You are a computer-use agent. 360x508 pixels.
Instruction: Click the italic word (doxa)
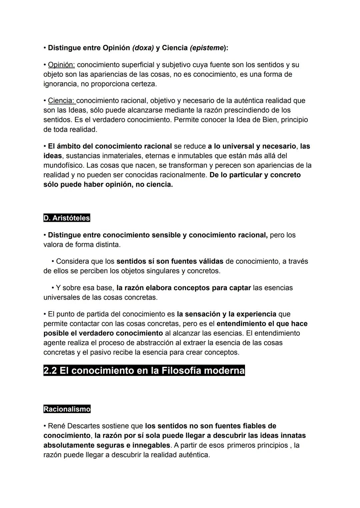coord(143,48)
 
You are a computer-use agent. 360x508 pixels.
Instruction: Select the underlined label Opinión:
coord(61,65)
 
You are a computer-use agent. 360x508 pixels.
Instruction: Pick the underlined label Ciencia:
coord(62,101)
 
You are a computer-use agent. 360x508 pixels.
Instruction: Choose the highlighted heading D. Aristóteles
coord(67,218)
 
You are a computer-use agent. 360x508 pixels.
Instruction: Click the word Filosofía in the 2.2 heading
coord(181,370)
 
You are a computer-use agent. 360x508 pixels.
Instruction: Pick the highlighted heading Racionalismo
coord(67,409)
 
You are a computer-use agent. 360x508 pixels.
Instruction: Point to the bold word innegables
coord(151,445)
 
